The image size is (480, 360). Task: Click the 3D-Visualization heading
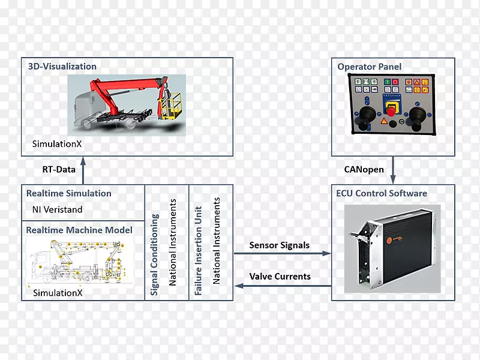pyautogui.click(x=62, y=67)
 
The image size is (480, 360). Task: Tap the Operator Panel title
pyautogui.click(x=370, y=67)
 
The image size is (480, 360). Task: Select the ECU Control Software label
pyautogui.click(x=382, y=193)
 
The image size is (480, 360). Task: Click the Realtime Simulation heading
pyautogui.click(x=69, y=193)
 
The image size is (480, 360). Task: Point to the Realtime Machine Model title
pyautogui.click(x=79, y=230)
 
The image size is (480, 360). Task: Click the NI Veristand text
pyautogui.click(x=58, y=210)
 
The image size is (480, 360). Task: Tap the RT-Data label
pyautogui.click(x=59, y=169)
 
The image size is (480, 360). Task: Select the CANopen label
pyautogui.click(x=364, y=169)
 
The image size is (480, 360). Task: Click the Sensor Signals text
pyautogui.click(x=280, y=245)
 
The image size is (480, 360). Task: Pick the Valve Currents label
pyautogui.click(x=280, y=277)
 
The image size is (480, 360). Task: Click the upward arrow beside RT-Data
pyautogui.click(x=83, y=170)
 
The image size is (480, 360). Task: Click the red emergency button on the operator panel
pyautogui.click(x=392, y=113)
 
